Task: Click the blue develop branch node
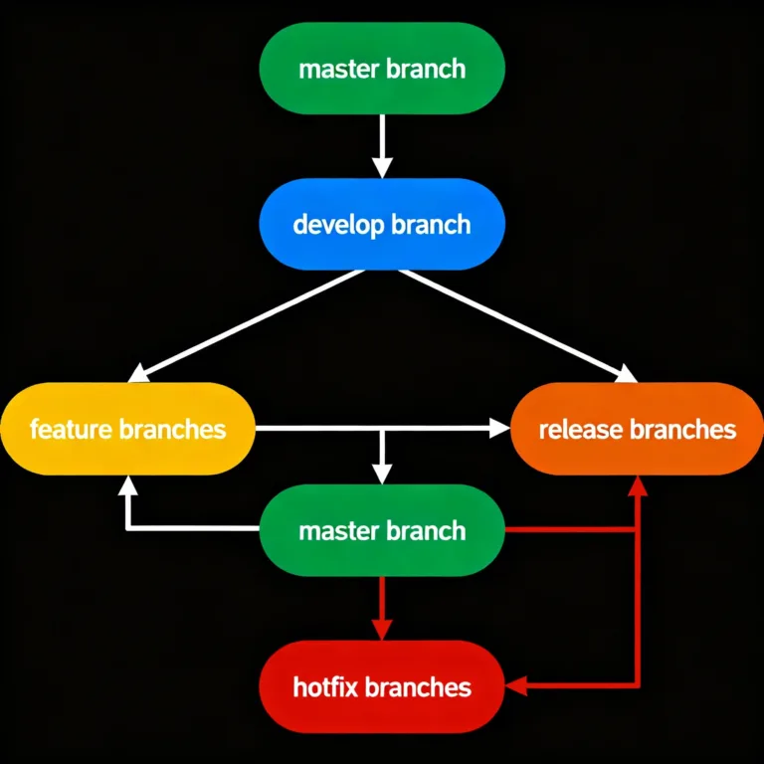pos(382,224)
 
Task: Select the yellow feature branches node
pos(127,429)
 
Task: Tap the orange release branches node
pos(637,429)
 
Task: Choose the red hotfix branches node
pos(382,686)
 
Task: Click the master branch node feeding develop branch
pos(382,69)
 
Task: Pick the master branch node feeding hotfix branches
pos(382,530)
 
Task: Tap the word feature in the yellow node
pos(72,430)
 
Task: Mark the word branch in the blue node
pos(431,224)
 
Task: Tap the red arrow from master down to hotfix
pos(382,607)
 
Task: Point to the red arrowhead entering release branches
pos(638,484)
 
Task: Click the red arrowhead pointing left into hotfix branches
pos(516,685)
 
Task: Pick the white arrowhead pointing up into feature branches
pos(127,484)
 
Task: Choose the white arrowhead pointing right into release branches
pos(499,429)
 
